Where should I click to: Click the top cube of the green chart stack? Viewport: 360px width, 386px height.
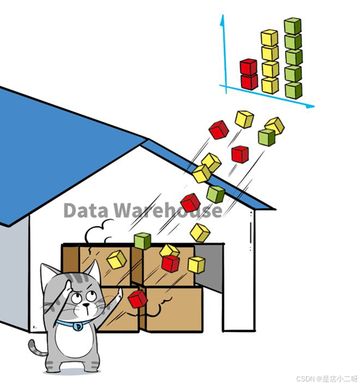point(292,26)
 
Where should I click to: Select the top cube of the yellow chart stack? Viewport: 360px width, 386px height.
point(270,38)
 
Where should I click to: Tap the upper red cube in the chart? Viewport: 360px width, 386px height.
point(249,67)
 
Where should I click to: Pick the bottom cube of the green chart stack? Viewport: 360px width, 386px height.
point(294,90)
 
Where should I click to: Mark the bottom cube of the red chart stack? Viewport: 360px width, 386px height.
point(249,82)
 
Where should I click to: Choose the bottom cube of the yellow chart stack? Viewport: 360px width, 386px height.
point(270,85)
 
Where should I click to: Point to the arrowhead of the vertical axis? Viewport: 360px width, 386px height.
point(222,20)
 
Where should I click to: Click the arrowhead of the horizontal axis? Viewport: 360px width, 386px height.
point(310,106)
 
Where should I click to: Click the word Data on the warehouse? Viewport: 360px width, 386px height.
point(86,211)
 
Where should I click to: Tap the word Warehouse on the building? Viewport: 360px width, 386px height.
point(168,211)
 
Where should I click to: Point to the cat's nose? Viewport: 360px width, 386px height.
point(86,305)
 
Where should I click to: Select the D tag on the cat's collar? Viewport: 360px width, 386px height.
point(78,326)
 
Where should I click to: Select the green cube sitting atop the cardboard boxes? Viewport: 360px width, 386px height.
point(142,240)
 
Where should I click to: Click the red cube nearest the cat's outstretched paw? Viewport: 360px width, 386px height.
point(138,299)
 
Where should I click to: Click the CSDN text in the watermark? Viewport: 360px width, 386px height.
point(305,378)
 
